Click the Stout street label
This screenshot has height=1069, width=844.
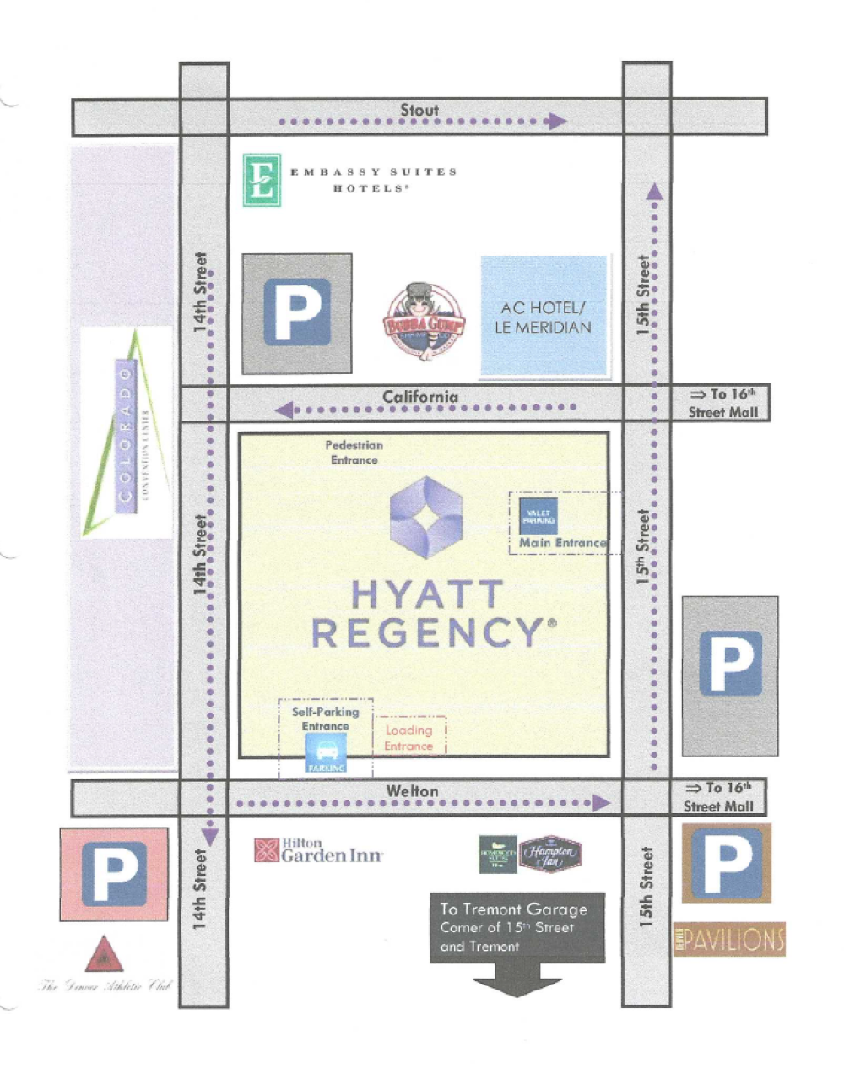click(x=419, y=110)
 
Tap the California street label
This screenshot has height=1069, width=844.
click(x=420, y=396)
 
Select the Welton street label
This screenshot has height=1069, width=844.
click(x=413, y=791)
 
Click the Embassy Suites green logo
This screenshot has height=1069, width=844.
click(x=262, y=180)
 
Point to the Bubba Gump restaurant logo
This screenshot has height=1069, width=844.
click(x=424, y=322)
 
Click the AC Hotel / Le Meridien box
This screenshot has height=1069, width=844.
click(x=544, y=316)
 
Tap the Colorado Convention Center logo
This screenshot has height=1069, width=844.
click(x=127, y=432)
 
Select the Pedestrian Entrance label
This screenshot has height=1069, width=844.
click(x=354, y=453)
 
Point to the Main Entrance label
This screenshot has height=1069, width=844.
click(x=562, y=543)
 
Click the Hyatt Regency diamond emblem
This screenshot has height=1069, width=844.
click(x=427, y=517)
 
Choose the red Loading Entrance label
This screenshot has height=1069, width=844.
click(x=408, y=738)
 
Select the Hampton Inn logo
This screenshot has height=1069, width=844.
click(x=550, y=854)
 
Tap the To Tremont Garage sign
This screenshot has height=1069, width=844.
click(x=517, y=927)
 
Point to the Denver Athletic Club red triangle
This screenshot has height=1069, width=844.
click(x=105, y=955)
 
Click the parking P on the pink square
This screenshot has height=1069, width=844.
click(x=114, y=873)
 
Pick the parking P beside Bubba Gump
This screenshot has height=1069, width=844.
click(x=297, y=313)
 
